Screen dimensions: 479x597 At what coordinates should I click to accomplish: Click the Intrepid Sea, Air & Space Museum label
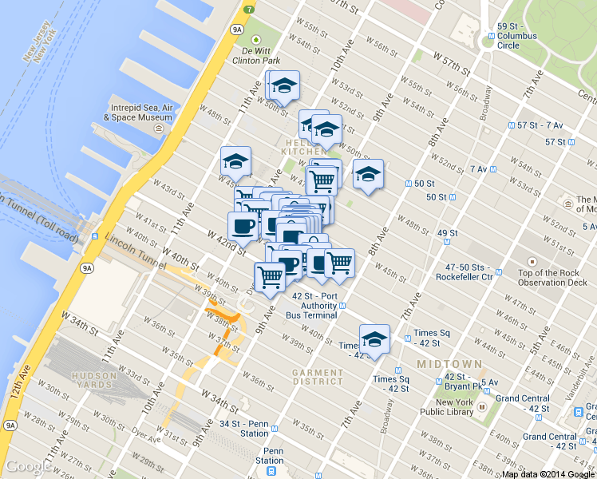(x=137, y=111)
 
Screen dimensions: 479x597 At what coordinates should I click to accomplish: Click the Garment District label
(x=317, y=377)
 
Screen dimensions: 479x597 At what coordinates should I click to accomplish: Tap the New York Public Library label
(x=456, y=407)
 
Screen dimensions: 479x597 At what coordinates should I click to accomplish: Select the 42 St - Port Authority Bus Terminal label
(x=314, y=305)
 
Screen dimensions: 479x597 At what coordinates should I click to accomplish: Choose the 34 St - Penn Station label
(x=244, y=429)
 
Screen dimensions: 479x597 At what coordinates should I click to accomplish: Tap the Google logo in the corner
(x=29, y=466)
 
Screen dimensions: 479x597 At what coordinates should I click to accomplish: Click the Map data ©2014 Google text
(x=548, y=474)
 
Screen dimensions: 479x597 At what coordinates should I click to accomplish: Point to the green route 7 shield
(x=250, y=10)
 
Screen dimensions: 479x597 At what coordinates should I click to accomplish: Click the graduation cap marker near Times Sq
(x=374, y=339)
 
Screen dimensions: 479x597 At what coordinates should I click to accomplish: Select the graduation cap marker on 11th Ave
(x=235, y=161)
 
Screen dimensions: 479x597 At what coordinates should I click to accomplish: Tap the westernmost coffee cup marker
(x=243, y=226)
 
